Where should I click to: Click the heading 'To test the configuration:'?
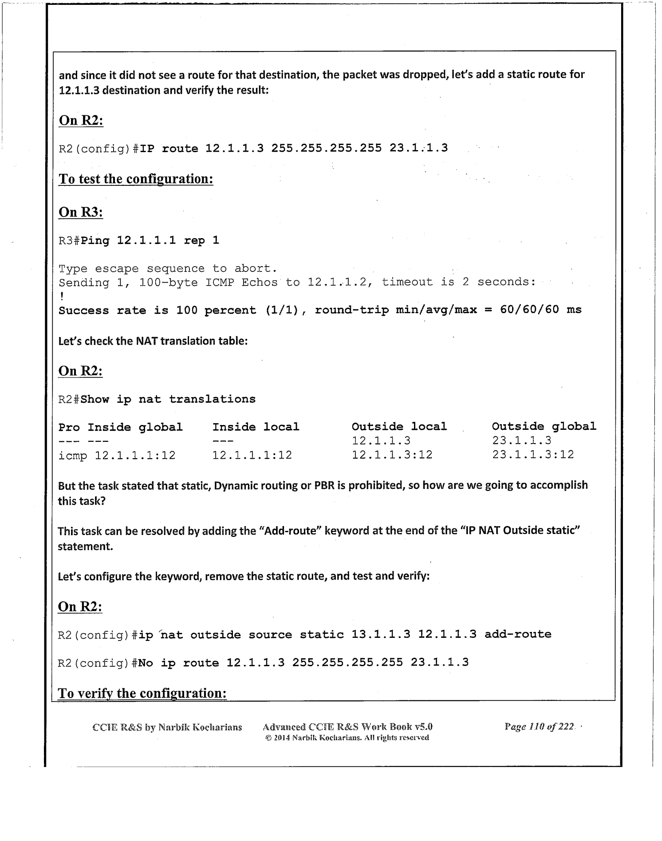coord(136,179)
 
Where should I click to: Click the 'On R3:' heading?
coord(81,212)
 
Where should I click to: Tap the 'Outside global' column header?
coord(544,426)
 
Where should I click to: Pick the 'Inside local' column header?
coord(256,427)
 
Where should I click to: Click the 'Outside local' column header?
coord(399,427)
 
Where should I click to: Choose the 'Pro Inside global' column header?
coord(120,427)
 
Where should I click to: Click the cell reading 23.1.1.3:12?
coord(532,455)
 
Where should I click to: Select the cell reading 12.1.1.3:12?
coord(392,455)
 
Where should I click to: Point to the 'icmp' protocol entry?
coord(73,456)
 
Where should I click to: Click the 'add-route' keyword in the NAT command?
coord(517,634)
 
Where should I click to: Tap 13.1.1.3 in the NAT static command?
coord(381,634)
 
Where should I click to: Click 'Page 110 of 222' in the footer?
coord(539,727)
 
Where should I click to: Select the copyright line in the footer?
coord(347,738)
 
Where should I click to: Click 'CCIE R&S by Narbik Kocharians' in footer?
coord(167,727)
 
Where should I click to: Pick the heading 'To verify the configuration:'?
coord(142,693)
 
